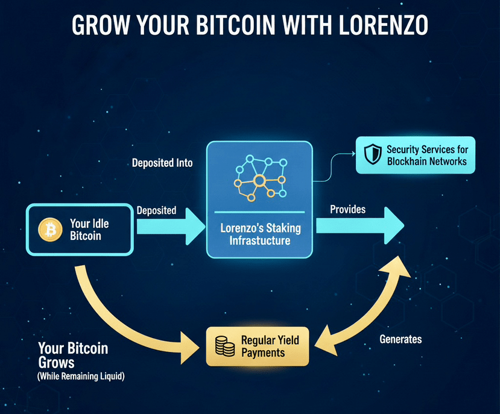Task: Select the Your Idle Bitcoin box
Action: [x=78, y=230]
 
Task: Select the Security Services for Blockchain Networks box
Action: [x=416, y=155]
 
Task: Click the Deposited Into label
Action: [x=162, y=163]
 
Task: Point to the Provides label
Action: [x=347, y=210]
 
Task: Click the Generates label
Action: [x=400, y=339]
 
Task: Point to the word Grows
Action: [x=56, y=363]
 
